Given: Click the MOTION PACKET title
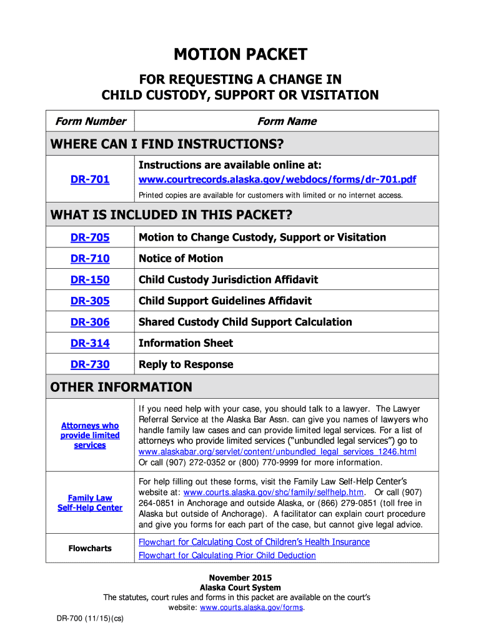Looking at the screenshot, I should pyautogui.click(x=241, y=55).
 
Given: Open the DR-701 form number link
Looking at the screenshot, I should pyautogui.click(x=90, y=179).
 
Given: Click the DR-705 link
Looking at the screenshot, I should pyautogui.click(x=90, y=237).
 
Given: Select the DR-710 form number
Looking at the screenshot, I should pyautogui.click(x=90, y=259).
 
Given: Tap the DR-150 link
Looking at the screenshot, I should pyautogui.click(x=90, y=280).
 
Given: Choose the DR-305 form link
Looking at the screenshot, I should pyautogui.click(x=90, y=301).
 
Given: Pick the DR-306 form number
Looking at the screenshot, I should pyautogui.click(x=90, y=322).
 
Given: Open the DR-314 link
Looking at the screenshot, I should pyautogui.click(x=90, y=343).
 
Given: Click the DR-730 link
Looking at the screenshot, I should pyautogui.click(x=90, y=364).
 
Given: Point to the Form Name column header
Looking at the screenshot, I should pyautogui.click(x=287, y=121).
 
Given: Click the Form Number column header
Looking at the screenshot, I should pyautogui.click(x=91, y=121).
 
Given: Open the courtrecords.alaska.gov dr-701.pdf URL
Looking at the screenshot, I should pyautogui.click(x=277, y=180).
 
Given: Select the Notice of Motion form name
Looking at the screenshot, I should pyautogui.click(x=181, y=259).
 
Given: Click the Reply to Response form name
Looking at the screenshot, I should pyautogui.click(x=186, y=364).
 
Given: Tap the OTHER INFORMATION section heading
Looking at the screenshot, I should pyautogui.click(x=121, y=387).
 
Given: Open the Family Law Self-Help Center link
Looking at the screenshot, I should pyautogui.click(x=90, y=502).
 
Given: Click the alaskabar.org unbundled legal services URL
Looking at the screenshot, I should pyautogui.click(x=277, y=451).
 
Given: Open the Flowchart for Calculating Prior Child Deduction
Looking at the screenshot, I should pyautogui.click(x=227, y=556).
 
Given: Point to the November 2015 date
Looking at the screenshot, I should pyautogui.click(x=240, y=577).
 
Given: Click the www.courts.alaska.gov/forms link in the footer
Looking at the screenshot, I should pyautogui.click(x=251, y=607).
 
